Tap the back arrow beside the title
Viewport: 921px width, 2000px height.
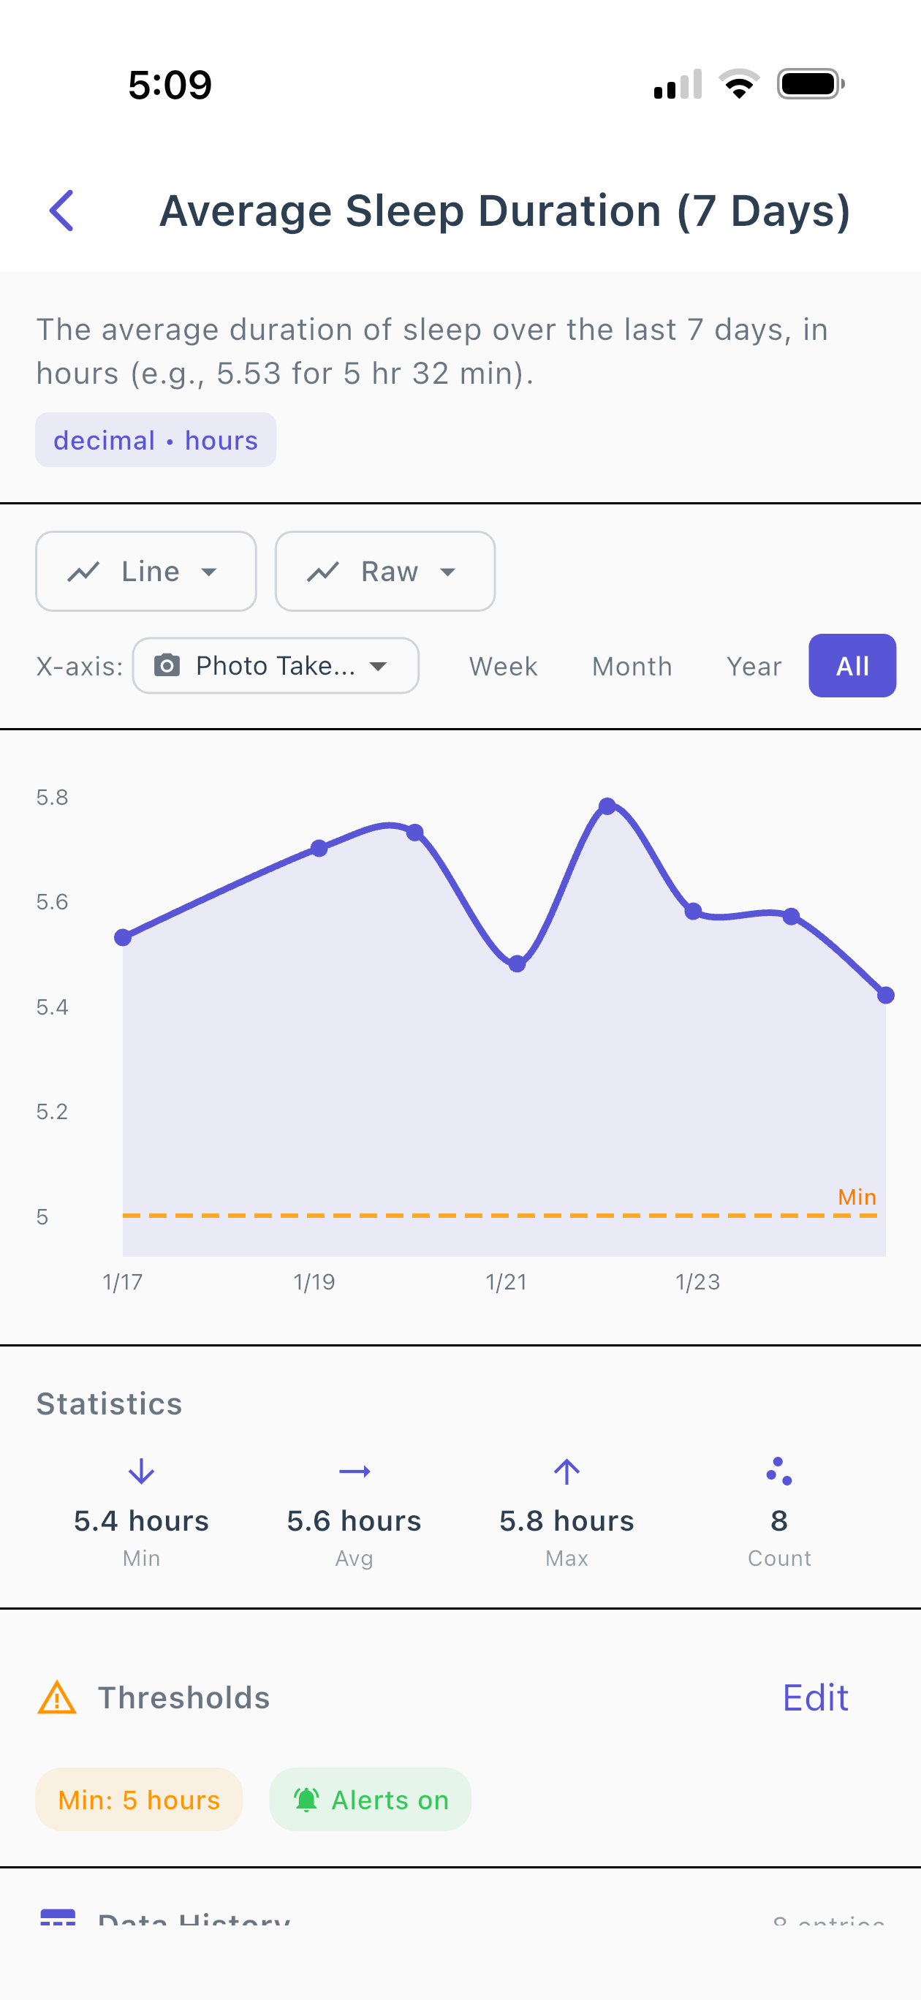pos(61,211)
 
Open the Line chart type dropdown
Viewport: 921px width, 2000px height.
pos(146,572)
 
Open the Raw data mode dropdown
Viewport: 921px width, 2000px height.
pos(385,572)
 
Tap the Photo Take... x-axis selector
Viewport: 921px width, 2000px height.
pos(276,665)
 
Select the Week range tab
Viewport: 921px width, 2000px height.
pos(503,666)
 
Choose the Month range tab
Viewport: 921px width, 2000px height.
pos(632,666)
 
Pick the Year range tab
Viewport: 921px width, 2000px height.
pos(754,666)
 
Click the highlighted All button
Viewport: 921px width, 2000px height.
pos(852,666)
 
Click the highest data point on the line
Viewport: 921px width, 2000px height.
pos(607,806)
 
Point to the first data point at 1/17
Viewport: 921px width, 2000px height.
pos(123,938)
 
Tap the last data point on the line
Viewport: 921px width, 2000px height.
pos(885,996)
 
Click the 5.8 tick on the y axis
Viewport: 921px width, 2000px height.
pos(52,798)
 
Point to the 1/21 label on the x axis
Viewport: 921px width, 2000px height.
pos(507,1282)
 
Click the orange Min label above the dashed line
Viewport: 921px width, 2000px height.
pos(857,1197)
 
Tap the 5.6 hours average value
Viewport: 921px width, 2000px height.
pos(354,1520)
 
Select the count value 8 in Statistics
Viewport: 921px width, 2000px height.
pos(779,1520)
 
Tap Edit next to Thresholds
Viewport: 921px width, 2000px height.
pos(814,1698)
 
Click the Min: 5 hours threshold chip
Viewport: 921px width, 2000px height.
pos(139,1800)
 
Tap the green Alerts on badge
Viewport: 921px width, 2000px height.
pos(371,1800)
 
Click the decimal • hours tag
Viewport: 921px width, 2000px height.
pos(155,440)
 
